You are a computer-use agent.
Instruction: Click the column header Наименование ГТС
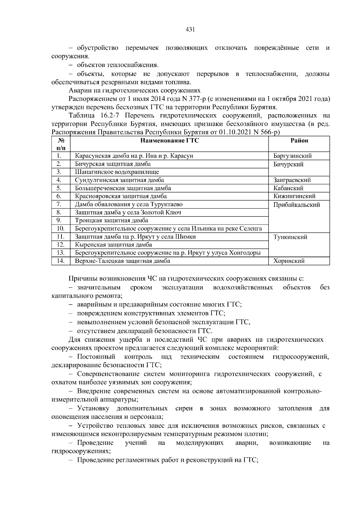pyautogui.click(x=169, y=141)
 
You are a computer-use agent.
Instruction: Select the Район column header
pyautogui.click(x=299, y=141)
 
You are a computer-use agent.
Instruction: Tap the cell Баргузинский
pyautogui.click(x=292, y=156)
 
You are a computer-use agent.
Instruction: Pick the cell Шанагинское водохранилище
pyautogui.click(x=117, y=172)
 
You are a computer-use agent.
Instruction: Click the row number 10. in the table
pyautogui.click(x=61, y=229)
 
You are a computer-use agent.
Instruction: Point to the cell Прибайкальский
pyautogui.click(x=296, y=205)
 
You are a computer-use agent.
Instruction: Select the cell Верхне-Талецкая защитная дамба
pyautogui.click(x=122, y=261)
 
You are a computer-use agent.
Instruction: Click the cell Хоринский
pyautogui.click(x=289, y=261)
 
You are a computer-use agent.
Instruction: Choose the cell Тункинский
pyautogui.click(x=290, y=237)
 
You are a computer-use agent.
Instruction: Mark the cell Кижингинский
pyautogui.click(x=294, y=196)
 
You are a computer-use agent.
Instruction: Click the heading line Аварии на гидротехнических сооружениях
pyautogui.click(x=134, y=91)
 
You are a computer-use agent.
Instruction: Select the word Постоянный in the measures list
pyautogui.click(x=96, y=357)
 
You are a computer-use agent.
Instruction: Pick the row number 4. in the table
pyautogui.click(x=59, y=180)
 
